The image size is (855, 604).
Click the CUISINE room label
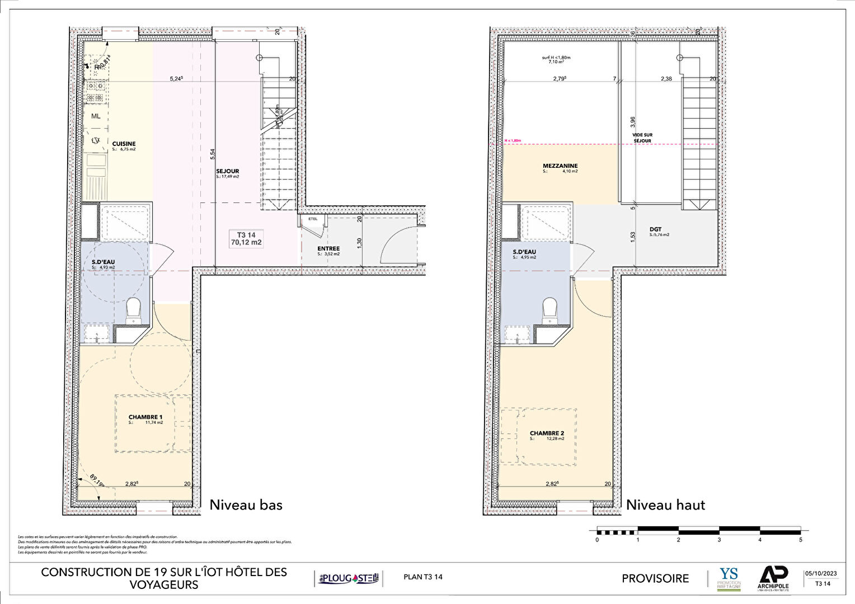(124, 144)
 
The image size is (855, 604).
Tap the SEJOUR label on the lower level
(228, 172)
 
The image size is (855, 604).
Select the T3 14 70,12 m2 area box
(246, 239)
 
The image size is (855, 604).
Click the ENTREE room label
(328, 249)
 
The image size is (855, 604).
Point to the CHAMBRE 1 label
(145, 417)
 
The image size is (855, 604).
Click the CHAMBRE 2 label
(547, 433)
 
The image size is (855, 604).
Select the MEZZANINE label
(560, 166)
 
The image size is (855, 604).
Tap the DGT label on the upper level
(655, 229)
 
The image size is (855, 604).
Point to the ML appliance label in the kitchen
(96, 116)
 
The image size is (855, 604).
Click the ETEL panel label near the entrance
(312, 219)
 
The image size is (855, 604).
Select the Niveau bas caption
(246, 505)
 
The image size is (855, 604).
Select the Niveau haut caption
(665, 505)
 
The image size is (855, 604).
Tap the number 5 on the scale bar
(800, 540)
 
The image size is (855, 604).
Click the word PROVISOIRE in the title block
(655, 579)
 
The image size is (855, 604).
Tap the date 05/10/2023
(821, 573)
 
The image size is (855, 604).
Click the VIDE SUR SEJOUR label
(642, 138)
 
